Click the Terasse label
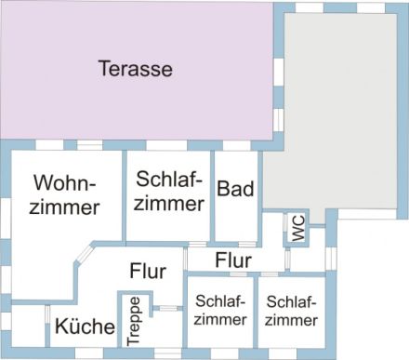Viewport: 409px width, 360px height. [x=136, y=68]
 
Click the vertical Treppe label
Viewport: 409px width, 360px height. [x=135, y=320]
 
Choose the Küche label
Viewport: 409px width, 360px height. [x=85, y=327]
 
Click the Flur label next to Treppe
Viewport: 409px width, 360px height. [x=148, y=272]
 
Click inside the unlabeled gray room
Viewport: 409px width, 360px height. [x=335, y=112]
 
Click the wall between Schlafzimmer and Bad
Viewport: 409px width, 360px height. [x=212, y=195]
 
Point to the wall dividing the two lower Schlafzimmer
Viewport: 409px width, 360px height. [x=255, y=312]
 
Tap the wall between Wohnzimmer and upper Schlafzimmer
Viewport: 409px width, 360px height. [x=124, y=195]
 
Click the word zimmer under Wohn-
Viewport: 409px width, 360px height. [x=64, y=207]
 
